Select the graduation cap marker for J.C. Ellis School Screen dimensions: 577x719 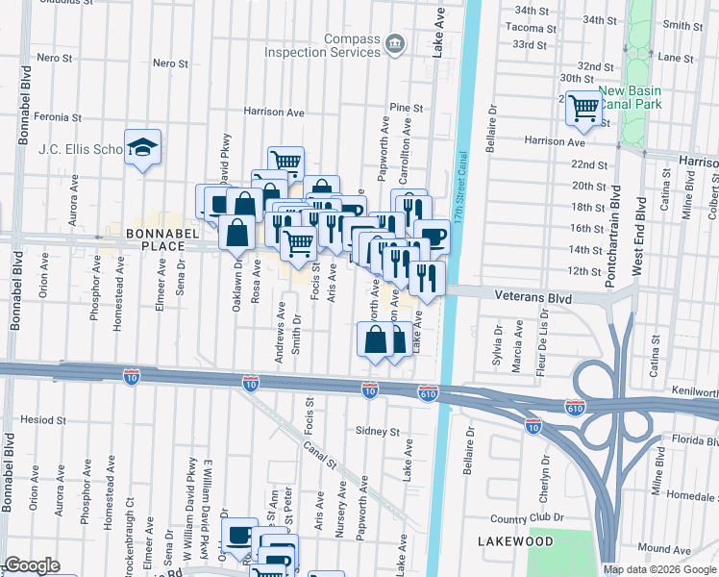143,148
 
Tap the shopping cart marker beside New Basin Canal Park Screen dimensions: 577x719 583,109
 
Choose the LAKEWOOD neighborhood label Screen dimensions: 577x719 516,542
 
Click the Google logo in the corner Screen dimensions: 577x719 32,565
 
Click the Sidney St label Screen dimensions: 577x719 376,430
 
